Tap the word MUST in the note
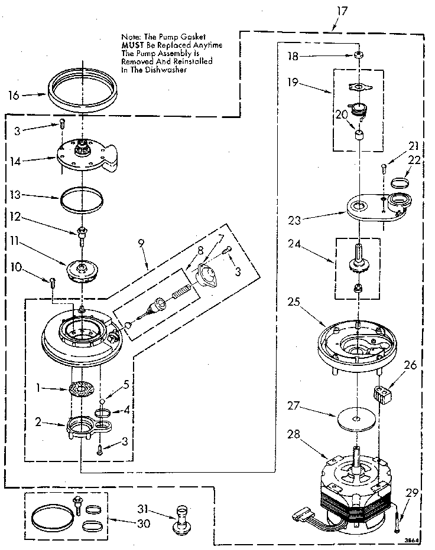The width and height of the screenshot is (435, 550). pyautogui.click(x=133, y=45)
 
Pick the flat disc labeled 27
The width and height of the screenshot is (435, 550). pyautogui.click(x=357, y=420)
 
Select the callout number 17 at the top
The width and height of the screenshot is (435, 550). pyautogui.click(x=342, y=10)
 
